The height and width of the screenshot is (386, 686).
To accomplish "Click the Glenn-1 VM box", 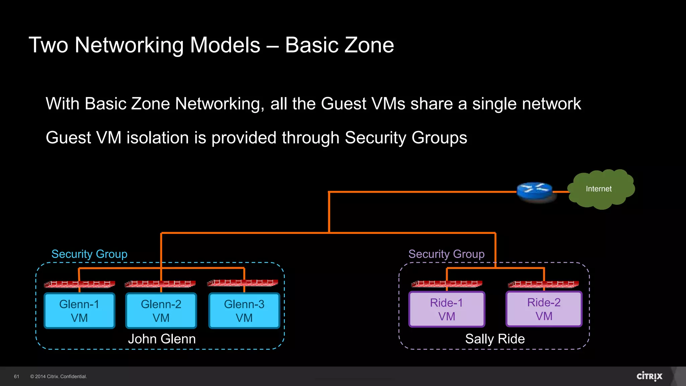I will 79,311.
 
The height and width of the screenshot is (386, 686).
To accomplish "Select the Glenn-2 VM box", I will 161,311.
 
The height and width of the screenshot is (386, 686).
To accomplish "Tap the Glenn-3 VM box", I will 244,311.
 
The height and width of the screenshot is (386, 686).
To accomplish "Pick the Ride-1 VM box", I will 447,309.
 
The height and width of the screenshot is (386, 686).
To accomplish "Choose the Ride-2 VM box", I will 544,309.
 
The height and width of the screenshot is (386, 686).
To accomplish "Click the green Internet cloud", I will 601,189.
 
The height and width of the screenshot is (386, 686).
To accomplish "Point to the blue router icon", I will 535,191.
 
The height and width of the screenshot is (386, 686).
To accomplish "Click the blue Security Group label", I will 89,254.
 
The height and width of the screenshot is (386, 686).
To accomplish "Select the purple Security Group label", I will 446,254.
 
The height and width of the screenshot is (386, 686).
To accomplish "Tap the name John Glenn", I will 162,339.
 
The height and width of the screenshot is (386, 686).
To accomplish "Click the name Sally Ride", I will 495,339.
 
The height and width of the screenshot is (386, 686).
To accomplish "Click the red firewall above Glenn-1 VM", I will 79,284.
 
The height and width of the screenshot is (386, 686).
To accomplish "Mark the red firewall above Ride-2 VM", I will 543,284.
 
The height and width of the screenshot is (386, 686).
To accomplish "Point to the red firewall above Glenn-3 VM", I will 243,282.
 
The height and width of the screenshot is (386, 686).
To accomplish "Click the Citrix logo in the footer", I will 649,376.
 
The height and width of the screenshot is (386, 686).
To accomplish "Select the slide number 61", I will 16,377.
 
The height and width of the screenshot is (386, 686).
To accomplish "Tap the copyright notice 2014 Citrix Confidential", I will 59,377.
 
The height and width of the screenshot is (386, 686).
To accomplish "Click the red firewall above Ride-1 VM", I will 447,284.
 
